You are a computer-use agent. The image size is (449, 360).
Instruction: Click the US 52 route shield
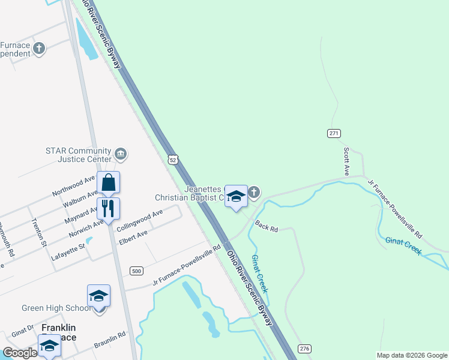coord(173,160)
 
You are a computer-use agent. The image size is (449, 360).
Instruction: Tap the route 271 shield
coord(334,133)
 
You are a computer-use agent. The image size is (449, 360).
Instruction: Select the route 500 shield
coord(137,271)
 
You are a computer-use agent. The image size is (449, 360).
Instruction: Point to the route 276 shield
coord(305,349)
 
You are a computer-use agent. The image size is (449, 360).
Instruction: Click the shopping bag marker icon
coord(109,182)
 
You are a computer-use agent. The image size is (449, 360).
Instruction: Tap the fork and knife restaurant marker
coord(108,208)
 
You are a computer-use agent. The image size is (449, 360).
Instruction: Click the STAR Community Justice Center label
coord(79,155)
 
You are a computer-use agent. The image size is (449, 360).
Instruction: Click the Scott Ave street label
coord(346,161)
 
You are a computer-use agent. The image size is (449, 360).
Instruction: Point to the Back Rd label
coord(267,226)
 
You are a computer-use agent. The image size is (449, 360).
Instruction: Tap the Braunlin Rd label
coord(110,340)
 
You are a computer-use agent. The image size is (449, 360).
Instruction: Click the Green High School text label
coord(56,308)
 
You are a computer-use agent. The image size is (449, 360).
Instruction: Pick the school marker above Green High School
coord(98,296)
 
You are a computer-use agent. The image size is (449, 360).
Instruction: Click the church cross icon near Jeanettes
coord(254,192)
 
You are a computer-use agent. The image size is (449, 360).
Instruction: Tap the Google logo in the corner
coord(20,353)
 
